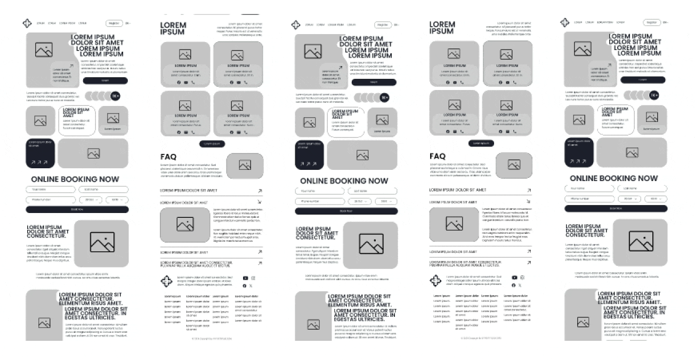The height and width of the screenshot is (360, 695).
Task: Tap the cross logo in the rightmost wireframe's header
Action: [x=565, y=22]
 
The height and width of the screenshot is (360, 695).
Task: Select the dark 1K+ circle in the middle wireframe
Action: [x=384, y=97]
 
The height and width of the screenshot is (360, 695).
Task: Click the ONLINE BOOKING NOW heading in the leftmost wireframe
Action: [x=75, y=179]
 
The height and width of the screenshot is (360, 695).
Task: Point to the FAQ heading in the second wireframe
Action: [x=168, y=157]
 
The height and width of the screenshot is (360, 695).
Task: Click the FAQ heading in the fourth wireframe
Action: [x=438, y=156]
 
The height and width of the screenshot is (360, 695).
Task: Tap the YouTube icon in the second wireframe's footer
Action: [x=245, y=278]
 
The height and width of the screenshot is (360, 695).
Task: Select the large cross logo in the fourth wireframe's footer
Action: [x=436, y=281]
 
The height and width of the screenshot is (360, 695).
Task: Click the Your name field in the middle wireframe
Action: [x=319, y=191]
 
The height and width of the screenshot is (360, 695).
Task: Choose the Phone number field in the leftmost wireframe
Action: [x=51, y=200]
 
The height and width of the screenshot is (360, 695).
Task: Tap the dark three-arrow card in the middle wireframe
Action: [x=309, y=155]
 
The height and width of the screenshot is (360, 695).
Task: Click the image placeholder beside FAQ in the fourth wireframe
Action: [x=514, y=165]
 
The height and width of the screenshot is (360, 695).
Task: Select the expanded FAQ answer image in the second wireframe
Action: [x=185, y=224]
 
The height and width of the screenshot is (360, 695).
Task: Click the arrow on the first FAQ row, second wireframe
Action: [x=260, y=190]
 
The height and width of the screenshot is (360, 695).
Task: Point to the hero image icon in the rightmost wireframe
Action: [x=583, y=50]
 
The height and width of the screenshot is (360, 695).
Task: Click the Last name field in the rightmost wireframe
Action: [x=642, y=189]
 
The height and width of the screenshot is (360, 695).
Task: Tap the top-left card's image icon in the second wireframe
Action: [x=185, y=54]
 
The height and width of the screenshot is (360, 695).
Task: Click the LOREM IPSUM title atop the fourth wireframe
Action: [x=442, y=28]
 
